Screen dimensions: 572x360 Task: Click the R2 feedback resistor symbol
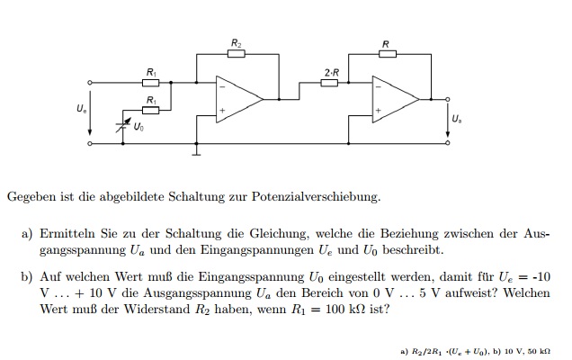pyautogui.click(x=237, y=54)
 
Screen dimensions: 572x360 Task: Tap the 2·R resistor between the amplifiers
pyautogui.click(x=329, y=83)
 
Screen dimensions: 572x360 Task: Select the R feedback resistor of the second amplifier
pyautogui.click(x=388, y=54)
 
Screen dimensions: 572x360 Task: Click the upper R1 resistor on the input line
pyautogui.click(x=151, y=83)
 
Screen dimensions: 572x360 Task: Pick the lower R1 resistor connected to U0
pyautogui.click(x=151, y=111)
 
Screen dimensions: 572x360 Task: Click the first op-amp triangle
pyautogui.click(x=239, y=99)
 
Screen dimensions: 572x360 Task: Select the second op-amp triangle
pyautogui.click(x=396, y=99)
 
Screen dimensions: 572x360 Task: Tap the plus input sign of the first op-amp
pyautogui.click(x=222, y=111)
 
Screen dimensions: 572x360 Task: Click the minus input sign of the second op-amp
pyautogui.click(x=379, y=87)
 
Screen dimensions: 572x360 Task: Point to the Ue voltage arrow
pyautogui.click(x=90, y=112)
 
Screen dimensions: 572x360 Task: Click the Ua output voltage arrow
pyautogui.click(x=448, y=121)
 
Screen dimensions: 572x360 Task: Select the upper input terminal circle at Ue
pyautogui.click(x=90, y=83)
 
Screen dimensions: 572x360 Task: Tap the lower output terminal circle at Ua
pyautogui.click(x=448, y=143)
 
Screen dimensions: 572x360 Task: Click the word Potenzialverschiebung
pyautogui.click(x=316, y=197)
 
